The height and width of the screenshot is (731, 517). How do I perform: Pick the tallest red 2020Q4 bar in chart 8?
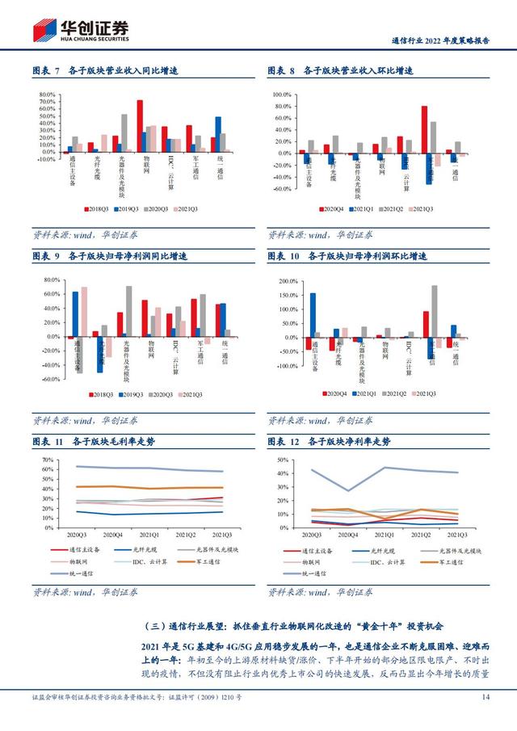[x=424, y=128]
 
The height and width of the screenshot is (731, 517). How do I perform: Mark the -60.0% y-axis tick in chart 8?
[x=280, y=189]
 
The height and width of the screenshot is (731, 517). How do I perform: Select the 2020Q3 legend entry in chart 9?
[x=167, y=394]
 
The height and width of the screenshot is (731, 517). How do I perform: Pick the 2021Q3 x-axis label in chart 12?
[x=456, y=535]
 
